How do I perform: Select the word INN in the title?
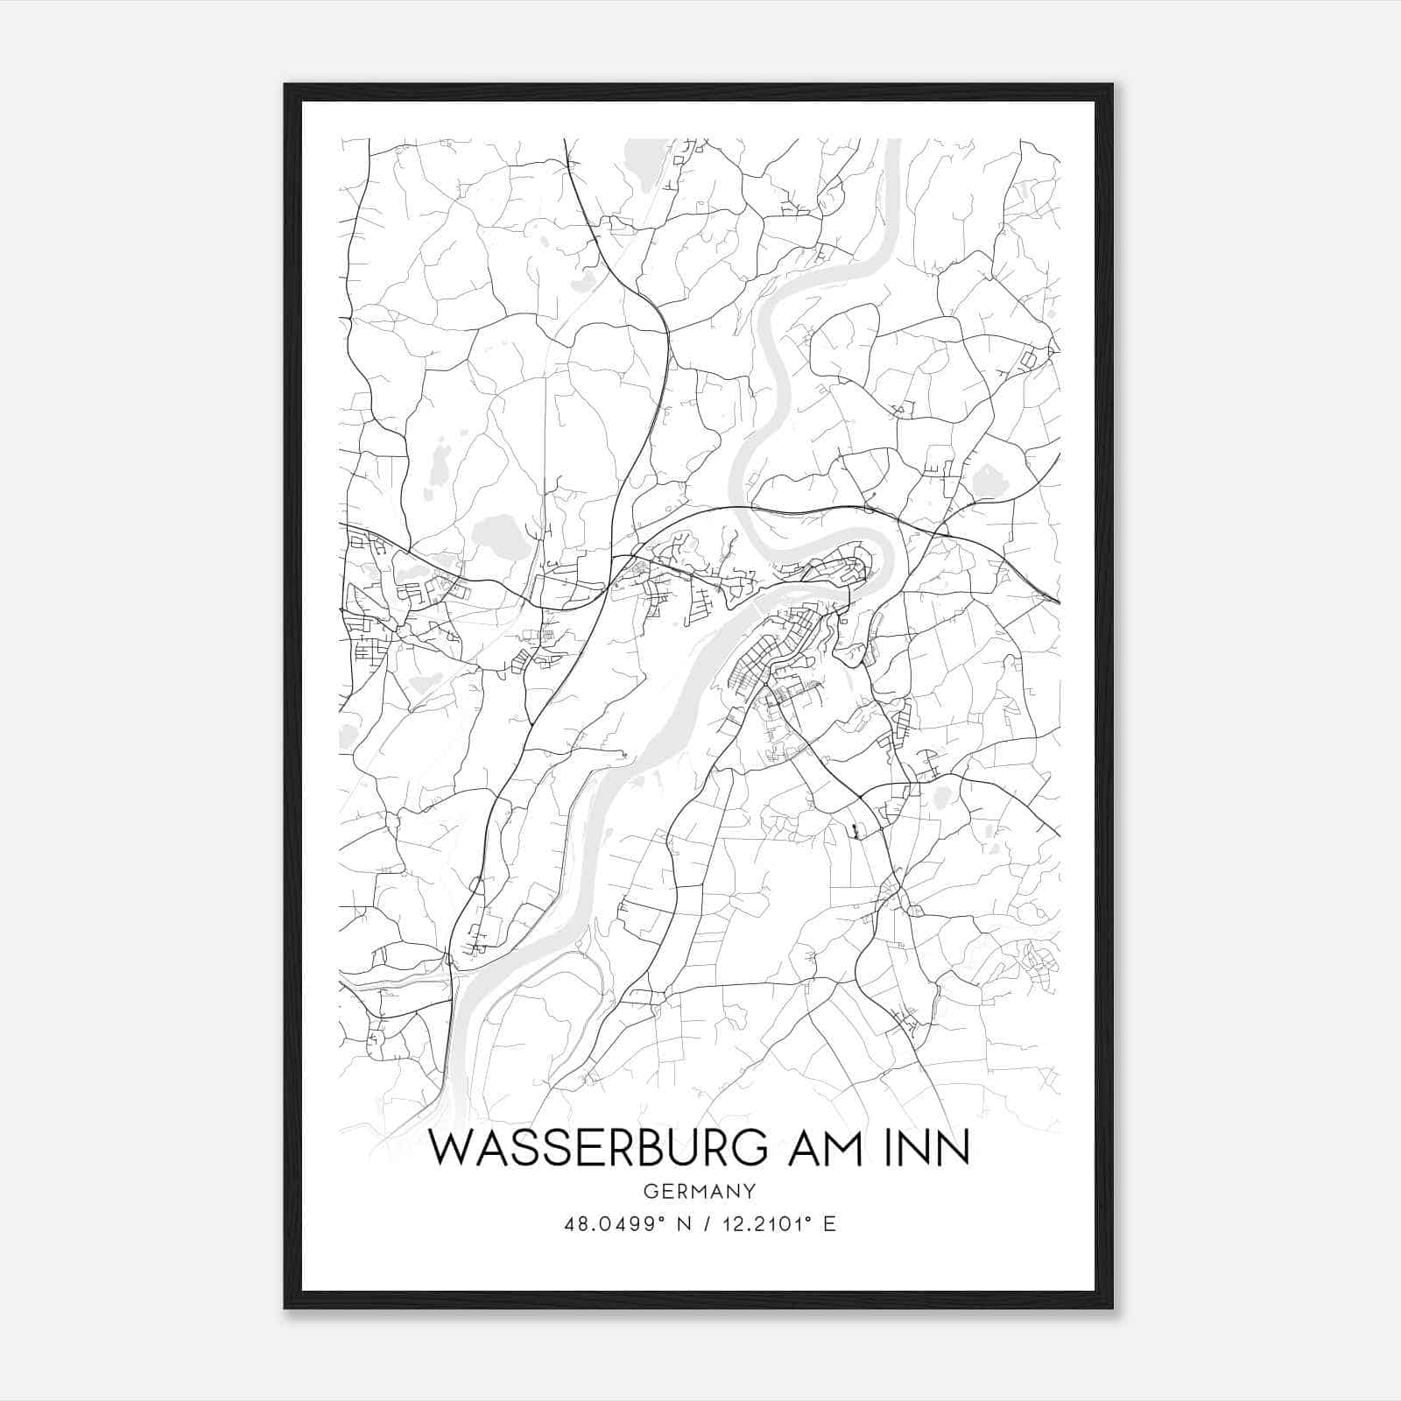933,1148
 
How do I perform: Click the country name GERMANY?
699,1191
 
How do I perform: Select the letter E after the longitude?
829,1224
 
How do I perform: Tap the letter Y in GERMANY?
749,1191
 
